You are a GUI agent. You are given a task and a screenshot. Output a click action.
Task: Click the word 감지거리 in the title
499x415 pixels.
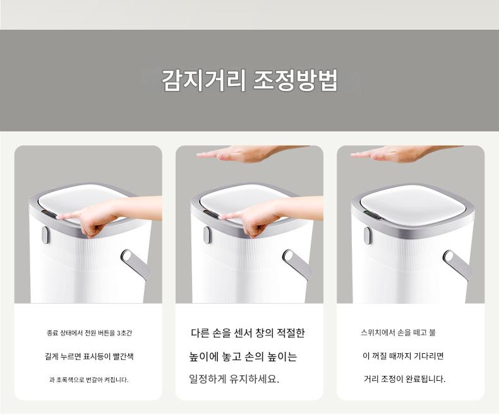click(x=203, y=80)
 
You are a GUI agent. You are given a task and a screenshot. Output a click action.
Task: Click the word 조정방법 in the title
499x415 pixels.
click(x=295, y=80)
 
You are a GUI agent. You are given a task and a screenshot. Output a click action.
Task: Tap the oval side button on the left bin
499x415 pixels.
click(x=45, y=235)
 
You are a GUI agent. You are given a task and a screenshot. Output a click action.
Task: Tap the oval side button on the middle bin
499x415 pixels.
click(x=207, y=235)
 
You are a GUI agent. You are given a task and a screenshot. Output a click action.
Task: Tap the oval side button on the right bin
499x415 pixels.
click(x=368, y=236)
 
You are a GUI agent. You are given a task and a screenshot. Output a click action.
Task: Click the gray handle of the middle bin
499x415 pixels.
click(x=298, y=263)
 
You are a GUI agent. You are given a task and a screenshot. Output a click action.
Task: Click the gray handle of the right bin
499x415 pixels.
click(x=458, y=264)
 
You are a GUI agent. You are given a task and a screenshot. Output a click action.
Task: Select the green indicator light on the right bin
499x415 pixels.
click(x=367, y=213)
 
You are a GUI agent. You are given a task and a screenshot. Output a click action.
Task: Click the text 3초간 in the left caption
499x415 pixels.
click(x=124, y=334)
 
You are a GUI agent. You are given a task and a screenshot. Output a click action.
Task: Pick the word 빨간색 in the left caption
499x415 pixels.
click(x=123, y=356)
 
